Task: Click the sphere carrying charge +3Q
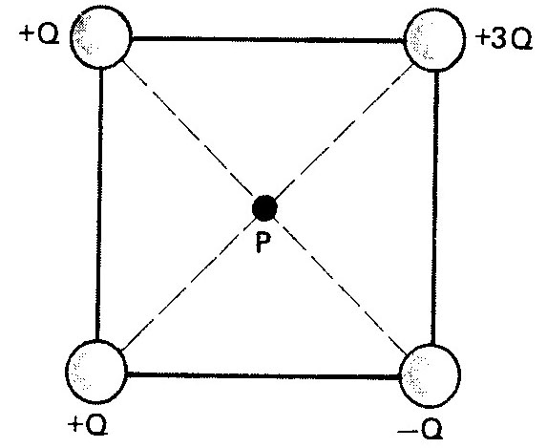(434, 40)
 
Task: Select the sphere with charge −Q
(430, 375)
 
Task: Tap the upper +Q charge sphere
(101, 37)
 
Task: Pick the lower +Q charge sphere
(96, 371)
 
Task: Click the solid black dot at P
(264, 208)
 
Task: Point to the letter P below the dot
(263, 243)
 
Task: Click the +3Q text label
(504, 38)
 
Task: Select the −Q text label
(420, 428)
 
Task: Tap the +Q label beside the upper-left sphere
(39, 35)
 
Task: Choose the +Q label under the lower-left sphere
(87, 425)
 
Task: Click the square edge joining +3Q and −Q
(434, 208)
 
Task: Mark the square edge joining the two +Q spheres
(99, 204)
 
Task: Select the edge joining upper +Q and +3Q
(268, 39)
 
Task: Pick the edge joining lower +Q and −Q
(263, 375)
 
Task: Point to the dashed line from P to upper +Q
(188, 129)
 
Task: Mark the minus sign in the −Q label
(408, 433)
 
